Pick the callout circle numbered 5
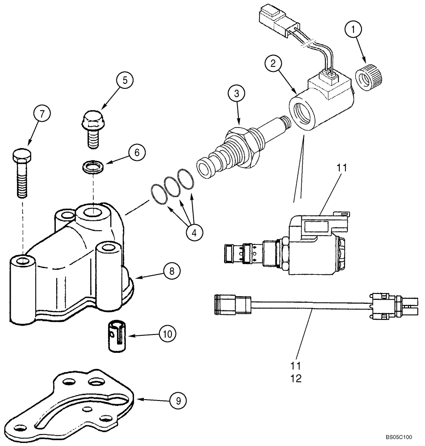(x=125, y=80)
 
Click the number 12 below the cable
(x=296, y=379)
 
